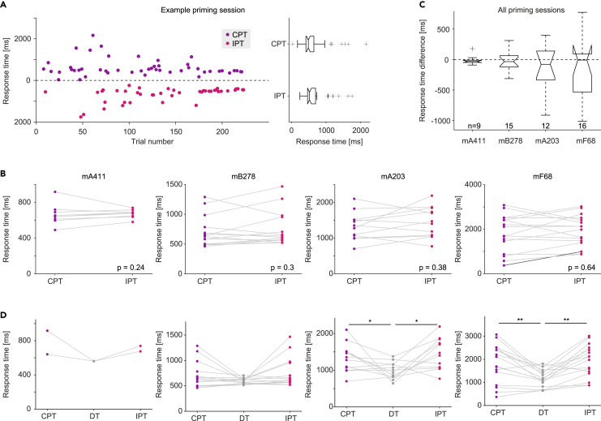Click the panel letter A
click(5, 6)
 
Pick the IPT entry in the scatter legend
click(238, 43)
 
